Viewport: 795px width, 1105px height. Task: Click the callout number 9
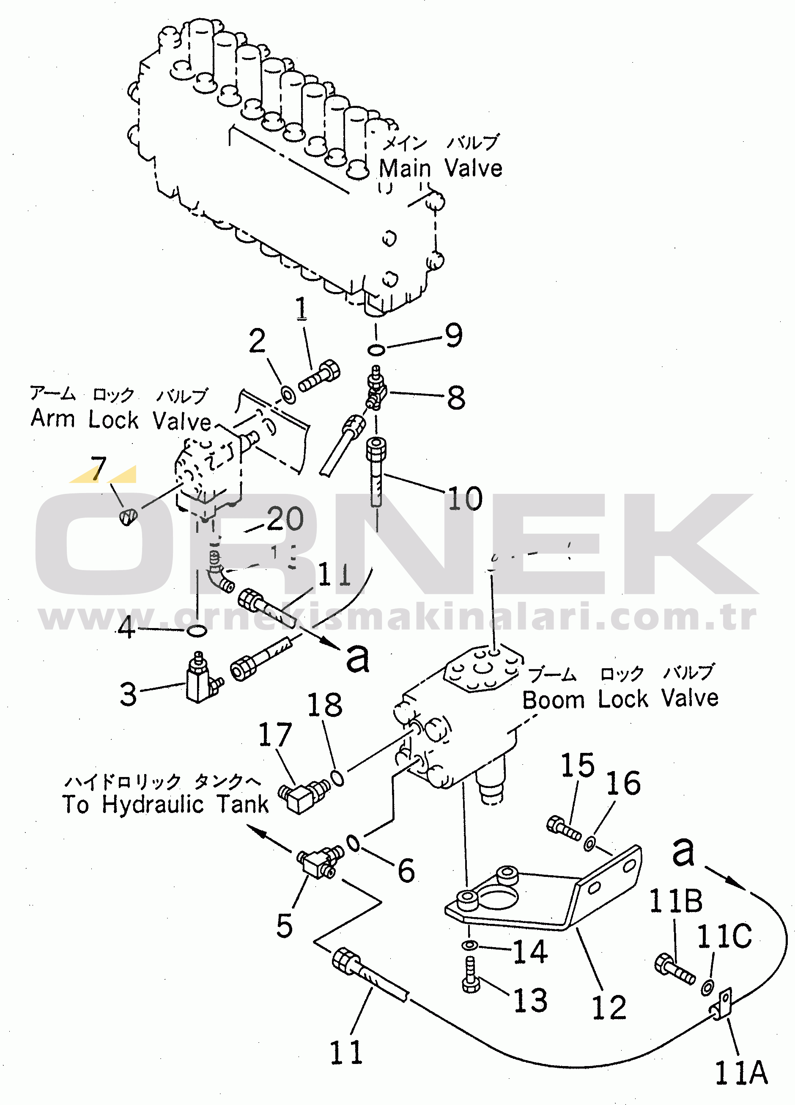(x=453, y=335)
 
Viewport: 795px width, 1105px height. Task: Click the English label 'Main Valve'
(x=441, y=168)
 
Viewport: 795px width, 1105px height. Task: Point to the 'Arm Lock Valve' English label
(x=121, y=419)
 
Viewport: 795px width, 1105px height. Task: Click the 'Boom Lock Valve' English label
(x=620, y=699)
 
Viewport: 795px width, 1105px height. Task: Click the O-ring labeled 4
(x=196, y=631)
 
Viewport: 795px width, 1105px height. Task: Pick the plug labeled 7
(x=129, y=516)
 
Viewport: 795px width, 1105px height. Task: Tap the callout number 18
(x=324, y=705)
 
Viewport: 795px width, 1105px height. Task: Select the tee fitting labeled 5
(x=319, y=861)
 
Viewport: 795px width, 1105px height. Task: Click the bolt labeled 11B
(x=674, y=969)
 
